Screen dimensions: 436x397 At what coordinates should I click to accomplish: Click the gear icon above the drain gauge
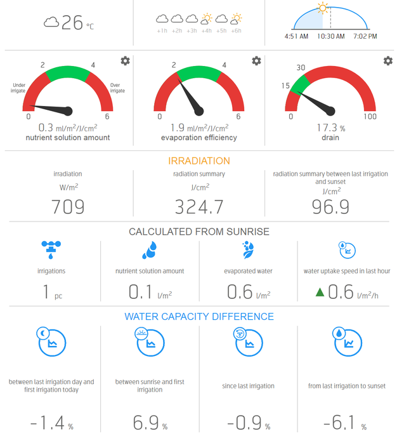387,61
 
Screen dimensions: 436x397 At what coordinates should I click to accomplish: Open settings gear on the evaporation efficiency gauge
256,61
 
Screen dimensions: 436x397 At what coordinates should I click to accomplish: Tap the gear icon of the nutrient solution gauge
126,61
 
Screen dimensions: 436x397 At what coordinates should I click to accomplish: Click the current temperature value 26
72,23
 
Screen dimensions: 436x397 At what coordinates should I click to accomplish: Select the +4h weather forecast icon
205,19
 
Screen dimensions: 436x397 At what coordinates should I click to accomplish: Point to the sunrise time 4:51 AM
296,36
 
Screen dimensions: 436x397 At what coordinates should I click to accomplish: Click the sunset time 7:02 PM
365,36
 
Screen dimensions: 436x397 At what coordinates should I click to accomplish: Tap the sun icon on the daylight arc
323,8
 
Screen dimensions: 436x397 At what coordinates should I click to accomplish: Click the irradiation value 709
68,207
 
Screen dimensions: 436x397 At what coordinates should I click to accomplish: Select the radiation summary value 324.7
198,207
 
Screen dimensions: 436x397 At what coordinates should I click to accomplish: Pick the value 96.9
330,207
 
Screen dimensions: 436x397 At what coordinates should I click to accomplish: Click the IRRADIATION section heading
198,161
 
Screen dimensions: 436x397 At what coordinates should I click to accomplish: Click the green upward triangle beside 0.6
320,293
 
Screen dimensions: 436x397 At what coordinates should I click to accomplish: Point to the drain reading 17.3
328,128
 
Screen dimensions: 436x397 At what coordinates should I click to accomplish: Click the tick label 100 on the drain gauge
370,116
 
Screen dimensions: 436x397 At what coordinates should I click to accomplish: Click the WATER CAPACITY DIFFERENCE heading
198,317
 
